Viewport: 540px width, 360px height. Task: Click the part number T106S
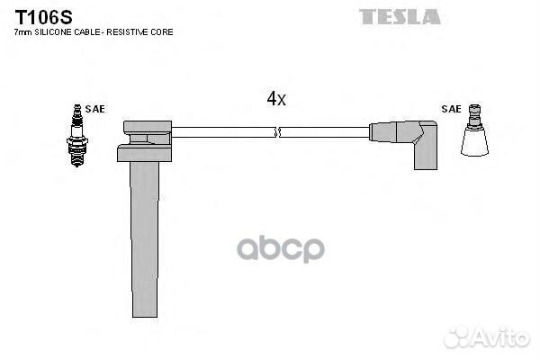pos(43,17)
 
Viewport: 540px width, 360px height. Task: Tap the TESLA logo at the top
pos(400,17)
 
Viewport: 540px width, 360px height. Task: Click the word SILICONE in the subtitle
pos(53,32)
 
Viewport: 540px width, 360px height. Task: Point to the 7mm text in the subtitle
pos(22,32)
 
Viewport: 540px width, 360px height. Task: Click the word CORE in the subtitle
pos(162,32)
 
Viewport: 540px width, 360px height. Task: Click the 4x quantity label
pos(276,98)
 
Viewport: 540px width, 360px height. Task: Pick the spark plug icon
pos(77,135)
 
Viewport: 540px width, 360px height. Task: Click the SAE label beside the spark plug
pos(94,109)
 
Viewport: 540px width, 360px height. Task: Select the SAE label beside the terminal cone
pos(451,109)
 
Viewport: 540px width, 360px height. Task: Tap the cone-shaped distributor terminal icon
pos(474,130)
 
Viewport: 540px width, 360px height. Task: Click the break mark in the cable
pos(278,132)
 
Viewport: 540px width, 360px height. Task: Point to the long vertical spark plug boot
pos(145,239)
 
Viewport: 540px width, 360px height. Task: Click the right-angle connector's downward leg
pos(426,154)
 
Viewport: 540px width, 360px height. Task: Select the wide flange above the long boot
pos(144,153)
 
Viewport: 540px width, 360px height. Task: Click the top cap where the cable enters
pos(148,127)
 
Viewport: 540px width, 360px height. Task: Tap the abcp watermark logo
pos(280,248)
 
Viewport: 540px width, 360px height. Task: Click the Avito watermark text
pos(501,337)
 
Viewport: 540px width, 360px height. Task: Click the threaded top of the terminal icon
pos(474,110)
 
